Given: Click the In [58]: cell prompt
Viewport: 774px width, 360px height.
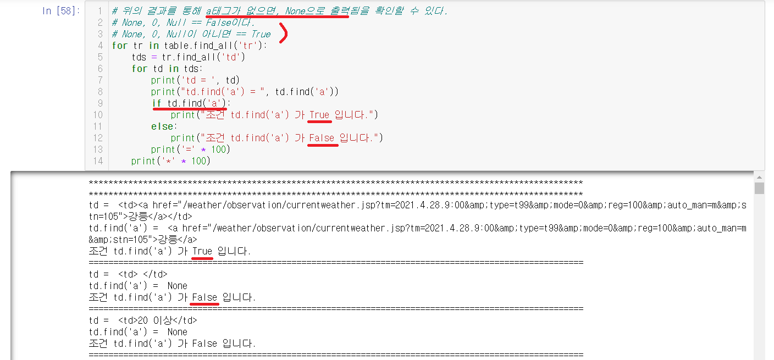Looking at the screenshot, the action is click(x=61, y=11).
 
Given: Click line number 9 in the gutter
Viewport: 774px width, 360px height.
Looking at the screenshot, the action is click(x=99, y=103).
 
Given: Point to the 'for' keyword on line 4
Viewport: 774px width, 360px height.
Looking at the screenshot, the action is click(x=119, y=46).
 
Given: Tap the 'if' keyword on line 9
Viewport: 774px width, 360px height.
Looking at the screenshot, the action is click(x=157, y=103).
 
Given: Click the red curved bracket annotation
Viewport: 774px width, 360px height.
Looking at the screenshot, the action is click(x=284, y=34).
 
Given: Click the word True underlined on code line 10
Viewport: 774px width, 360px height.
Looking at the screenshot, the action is click(x=319, y=115).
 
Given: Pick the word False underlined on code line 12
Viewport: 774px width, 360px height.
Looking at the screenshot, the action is click(x=322, y=138).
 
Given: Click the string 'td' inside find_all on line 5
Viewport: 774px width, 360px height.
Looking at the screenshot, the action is click(x=233, y=57).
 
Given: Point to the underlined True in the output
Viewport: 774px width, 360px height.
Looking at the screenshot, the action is click(x=202, y=251).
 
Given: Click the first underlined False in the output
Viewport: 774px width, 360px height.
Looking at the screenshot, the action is click(x=204, y=297).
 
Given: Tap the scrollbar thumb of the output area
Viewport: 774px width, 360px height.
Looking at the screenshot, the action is click(x=759, y=189).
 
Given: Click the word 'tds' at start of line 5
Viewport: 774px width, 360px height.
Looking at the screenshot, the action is click(x=140, y=57).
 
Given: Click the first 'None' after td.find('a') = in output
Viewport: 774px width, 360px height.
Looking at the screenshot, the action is click(x=177, y=286).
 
